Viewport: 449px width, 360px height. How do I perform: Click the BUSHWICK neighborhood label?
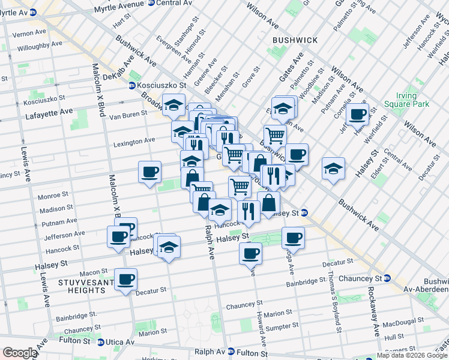pyautogui.click(x=295, y=40)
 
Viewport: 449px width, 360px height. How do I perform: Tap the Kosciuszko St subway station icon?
pyautogui.click(x=132, y=86)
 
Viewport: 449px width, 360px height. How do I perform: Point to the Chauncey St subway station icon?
pyautogui.click(x=387, y=278)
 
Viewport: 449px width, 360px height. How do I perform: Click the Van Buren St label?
pyautogui.click(x=127, y=113)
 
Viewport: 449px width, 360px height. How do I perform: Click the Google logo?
pyautogui.click(x=19, y=353)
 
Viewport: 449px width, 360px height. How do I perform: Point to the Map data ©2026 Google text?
pyautogui.click(x=412, y=355)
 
